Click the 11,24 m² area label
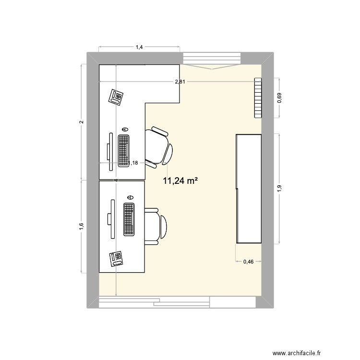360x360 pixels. click(x=181, y=181)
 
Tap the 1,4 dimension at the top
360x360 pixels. click(x=139, y=47)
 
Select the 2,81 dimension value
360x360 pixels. click(x=180, y=82)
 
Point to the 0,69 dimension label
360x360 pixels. click(x=280, y=98)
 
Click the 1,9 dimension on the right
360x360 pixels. click(x=280, y=189)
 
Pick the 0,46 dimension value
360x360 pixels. click(x=248, y=262)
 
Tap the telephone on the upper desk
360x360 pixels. click(x=116, y=97)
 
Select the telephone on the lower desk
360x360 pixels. click(x=116, y=259)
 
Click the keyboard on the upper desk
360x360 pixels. click(x=124, y=150)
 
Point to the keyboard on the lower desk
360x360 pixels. click(x=129, y=219)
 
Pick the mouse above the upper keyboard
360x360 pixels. click(x=125, y=129)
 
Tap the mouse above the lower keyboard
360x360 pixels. click(x=130, y=197)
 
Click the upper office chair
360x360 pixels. click(x=159, y=148)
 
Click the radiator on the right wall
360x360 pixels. click(x=258, y=98)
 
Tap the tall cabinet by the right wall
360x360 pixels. click(x=249, y=189)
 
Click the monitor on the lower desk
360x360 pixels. click(x=111, y=219)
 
